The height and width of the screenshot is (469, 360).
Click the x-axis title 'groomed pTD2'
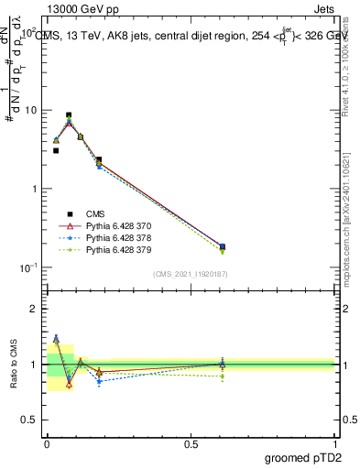coord(302,456)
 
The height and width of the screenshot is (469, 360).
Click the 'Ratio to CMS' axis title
coord(13,364)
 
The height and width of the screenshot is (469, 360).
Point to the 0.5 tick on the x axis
coord(191,442)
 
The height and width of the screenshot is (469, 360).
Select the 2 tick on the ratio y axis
coord(34,309)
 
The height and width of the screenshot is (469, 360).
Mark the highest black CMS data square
coord(69,115)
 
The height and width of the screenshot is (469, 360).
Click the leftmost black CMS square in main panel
coord(56,150)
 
